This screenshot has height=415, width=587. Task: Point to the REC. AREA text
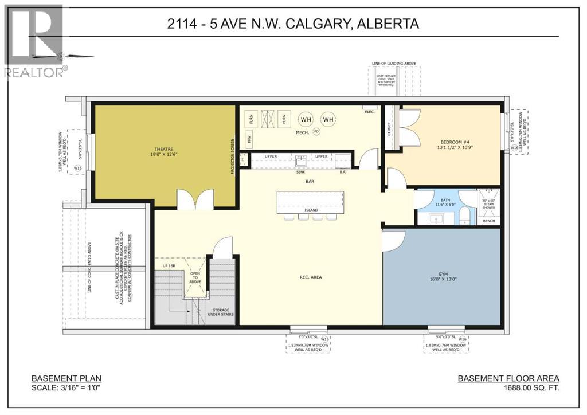point(310,277)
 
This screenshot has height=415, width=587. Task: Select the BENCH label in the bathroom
point(489,220)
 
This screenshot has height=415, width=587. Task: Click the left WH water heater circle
point(306,119)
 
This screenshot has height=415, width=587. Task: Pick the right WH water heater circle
point(328,119)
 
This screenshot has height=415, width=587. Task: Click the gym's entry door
point(394,241)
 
